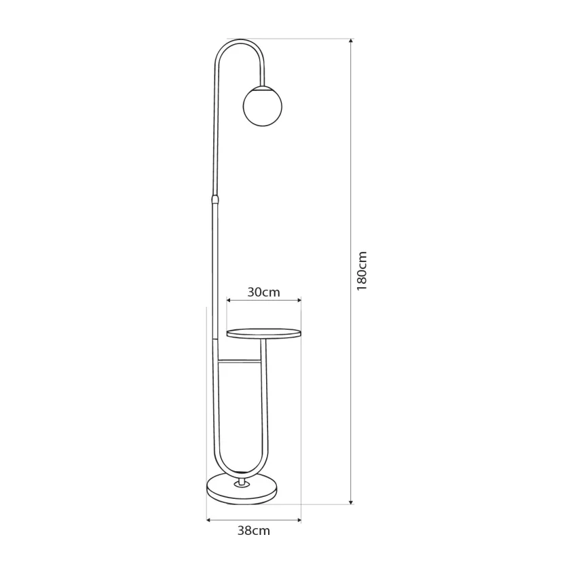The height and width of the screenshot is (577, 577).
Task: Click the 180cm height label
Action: click(x=362, y=270)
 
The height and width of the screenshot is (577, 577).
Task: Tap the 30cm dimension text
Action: click(x=263, y=292)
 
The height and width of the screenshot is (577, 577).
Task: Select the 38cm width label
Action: click(x=254, y=531)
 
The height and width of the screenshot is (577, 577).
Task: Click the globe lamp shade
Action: click(x=263, y=107)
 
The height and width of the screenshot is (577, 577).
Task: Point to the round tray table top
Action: click(x=264, y=333)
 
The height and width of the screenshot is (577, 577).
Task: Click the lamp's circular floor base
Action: click(x=242, y=489)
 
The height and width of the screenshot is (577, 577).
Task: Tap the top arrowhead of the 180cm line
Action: click(x=351, y=41)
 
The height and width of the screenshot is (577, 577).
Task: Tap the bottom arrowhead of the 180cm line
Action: click(x=351, y=502)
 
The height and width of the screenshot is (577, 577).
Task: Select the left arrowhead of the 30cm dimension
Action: click(x=229, y=300)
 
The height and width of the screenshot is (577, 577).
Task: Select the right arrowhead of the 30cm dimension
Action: click(x=299, y=300)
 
